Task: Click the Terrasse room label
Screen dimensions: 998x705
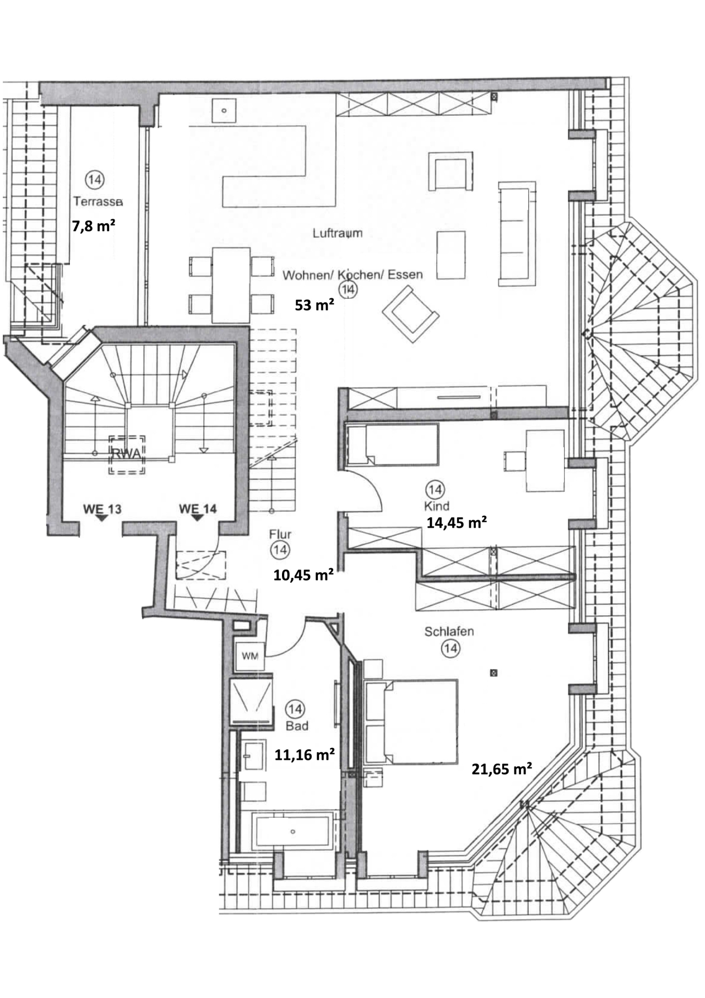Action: [98, 202]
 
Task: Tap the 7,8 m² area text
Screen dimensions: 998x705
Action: [94, 226]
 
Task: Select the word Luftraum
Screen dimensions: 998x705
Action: [338, 233]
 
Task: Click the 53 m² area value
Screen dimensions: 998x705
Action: [314, 305]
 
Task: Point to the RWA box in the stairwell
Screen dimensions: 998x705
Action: [127, 454]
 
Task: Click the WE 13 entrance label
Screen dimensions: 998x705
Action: [102, 508]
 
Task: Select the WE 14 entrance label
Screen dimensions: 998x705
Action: [198, 508]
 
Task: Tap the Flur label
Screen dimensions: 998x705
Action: [280, 534]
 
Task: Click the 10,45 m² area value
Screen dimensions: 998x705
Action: [303, 575]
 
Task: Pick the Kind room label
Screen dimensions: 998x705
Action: [436, 506]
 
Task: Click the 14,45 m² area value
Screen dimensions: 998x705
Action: [457, 522]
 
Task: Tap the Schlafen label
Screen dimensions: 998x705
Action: [449, 631]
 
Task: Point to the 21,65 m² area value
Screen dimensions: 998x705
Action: [501, 769]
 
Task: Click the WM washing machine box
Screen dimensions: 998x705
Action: [250, 656]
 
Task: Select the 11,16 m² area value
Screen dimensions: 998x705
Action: [305, 754]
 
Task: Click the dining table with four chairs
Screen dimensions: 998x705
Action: [231, 285]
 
